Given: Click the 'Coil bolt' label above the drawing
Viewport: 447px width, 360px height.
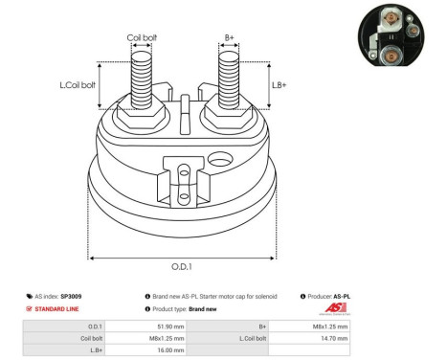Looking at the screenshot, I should (x=143, y=38).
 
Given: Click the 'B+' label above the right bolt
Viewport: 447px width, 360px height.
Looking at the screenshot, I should (x=229, y=38).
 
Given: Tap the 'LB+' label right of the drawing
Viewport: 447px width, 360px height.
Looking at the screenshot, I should (x=279, y=85).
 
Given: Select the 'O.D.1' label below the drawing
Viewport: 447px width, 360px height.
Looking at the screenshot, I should (x=182, y=267).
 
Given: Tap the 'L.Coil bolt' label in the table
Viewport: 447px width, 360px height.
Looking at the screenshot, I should (x=253, y=338).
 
